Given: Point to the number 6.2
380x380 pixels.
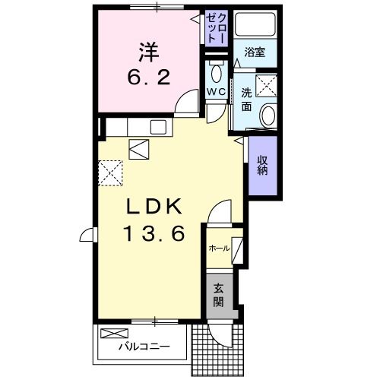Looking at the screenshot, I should point(147,77).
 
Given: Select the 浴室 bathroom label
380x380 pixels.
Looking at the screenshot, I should point(254,52).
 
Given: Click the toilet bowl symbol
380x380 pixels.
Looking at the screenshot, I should point(216,74).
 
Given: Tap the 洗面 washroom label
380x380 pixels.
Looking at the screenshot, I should point(248,99).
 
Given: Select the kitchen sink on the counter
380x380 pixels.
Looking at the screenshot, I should point(160,127).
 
